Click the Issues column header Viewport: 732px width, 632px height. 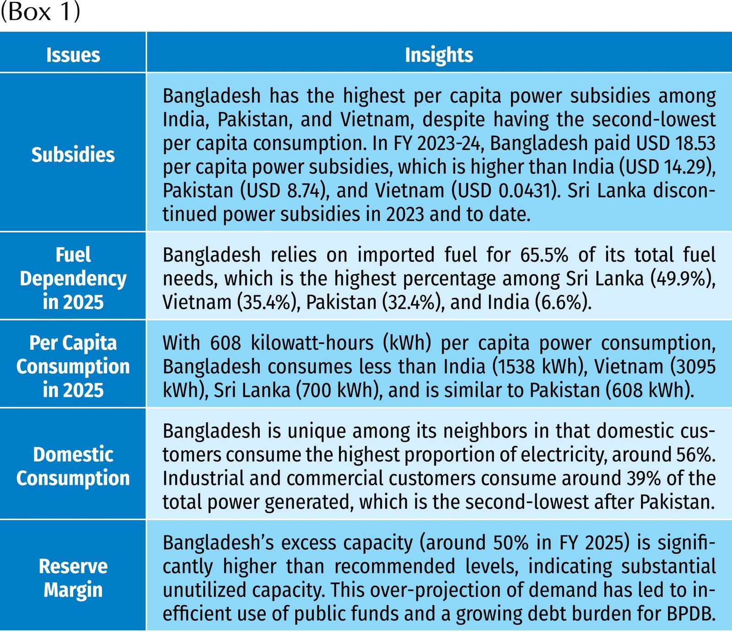point(73,55)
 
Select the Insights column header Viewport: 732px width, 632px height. point(439,55)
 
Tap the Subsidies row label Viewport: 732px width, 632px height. point(73,155)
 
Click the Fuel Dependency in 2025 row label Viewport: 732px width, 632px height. point(73,278)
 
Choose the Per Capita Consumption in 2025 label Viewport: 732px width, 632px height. point(73,366)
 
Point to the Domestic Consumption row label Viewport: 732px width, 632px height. point(73,466)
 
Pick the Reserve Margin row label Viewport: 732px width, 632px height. point(73,578)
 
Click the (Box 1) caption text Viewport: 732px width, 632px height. point(40,12)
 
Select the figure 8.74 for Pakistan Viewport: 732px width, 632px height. point(306,191)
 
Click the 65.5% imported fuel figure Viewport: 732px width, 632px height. point(544,255)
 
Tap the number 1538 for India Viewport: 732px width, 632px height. point(516,367)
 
